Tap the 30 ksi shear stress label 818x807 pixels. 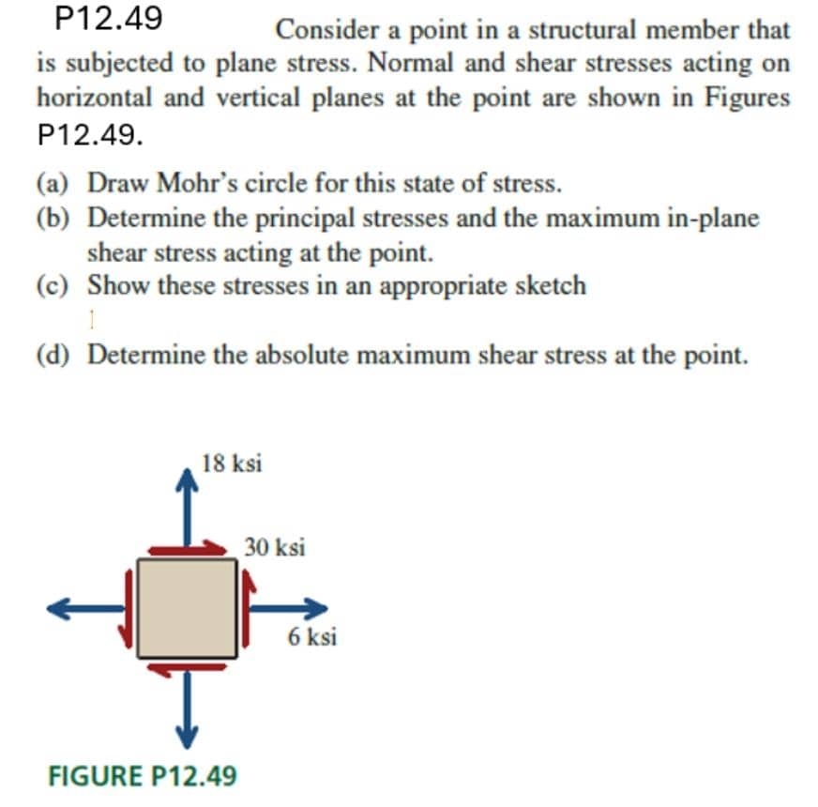pos(274,546)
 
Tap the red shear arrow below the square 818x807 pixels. pos(188,666)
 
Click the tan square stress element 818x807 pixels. pos(188,607)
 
